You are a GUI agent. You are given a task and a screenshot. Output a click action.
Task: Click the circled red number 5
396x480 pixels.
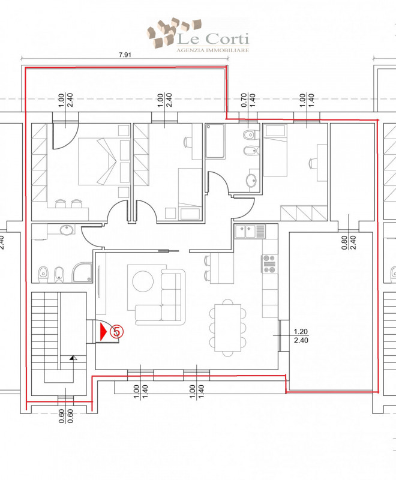point(117,331)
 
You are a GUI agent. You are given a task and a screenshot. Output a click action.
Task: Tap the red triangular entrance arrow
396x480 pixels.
point(103,331)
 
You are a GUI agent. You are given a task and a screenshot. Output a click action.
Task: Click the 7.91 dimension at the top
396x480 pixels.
point(125,55)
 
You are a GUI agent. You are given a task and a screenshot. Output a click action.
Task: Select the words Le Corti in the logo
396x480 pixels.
point(214,39)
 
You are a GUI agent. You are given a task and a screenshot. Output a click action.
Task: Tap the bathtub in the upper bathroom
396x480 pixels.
point(214,142)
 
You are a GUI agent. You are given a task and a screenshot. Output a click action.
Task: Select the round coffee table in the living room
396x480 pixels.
point(143,281)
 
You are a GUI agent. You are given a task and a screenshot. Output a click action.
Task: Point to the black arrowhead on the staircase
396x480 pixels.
point(73,358)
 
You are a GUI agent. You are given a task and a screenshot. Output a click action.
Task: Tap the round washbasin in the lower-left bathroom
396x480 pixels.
point(64,230)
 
